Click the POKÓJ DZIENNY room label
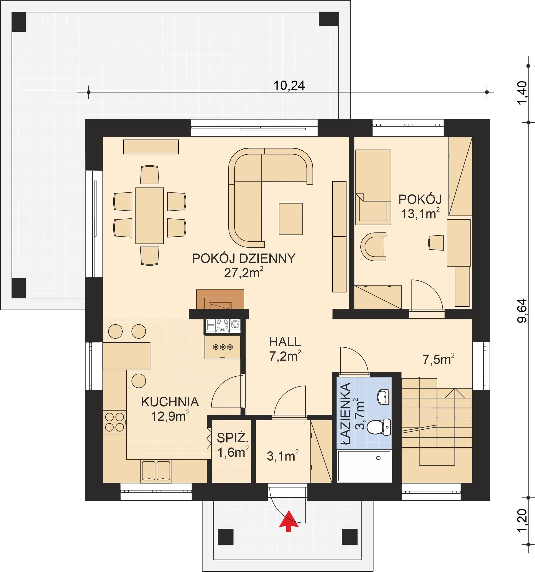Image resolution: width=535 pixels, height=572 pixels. coord(244,258)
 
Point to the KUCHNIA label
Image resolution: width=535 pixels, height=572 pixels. coord(170,402)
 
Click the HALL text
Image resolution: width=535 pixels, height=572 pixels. coord(285,342)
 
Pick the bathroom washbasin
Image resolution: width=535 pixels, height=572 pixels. coord(383,397)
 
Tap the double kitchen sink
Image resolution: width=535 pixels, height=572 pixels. coord(156,471)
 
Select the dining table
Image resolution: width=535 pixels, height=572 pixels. coord(149,216)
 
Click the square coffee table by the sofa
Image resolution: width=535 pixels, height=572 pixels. coord(291,219)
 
